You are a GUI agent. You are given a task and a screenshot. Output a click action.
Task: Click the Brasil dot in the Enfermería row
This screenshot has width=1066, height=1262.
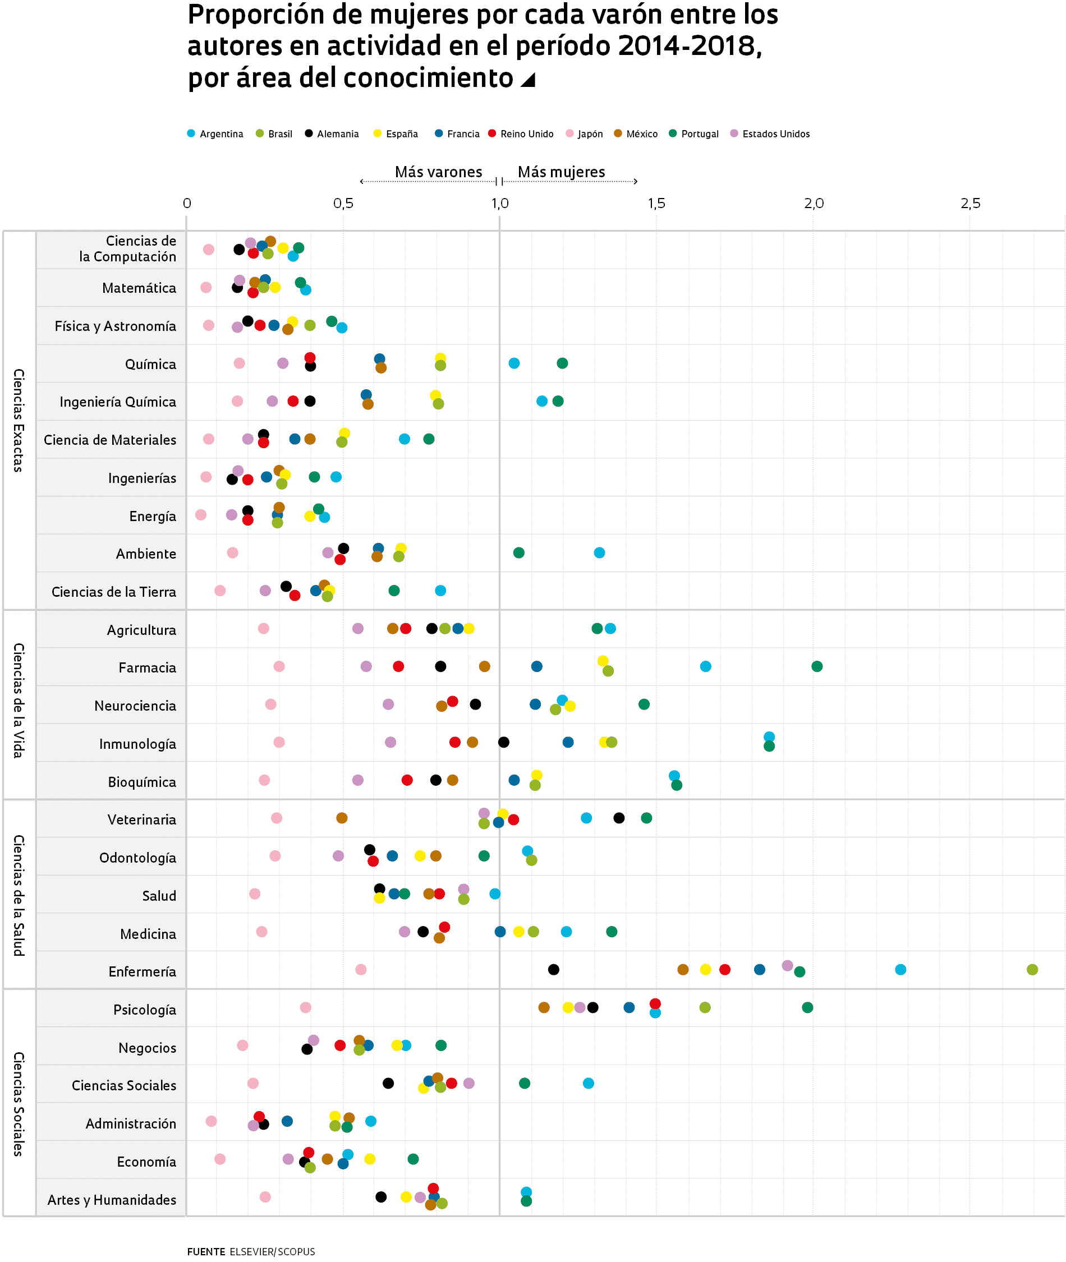coord(1032,970)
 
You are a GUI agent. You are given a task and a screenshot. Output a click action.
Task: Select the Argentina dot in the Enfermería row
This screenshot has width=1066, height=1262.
coord(900,970)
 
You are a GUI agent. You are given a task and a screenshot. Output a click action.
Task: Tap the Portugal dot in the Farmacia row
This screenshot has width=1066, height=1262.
coord(817,666)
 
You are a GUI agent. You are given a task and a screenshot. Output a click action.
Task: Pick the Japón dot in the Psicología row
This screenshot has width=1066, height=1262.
coord(306,1008)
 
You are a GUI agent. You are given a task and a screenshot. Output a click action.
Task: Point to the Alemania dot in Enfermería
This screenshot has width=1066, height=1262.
coord(554,970)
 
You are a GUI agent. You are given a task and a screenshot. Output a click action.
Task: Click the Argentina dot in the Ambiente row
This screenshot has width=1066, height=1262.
coord(599,553)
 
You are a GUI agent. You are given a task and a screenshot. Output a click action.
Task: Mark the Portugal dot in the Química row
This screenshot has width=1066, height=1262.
coord(563,363)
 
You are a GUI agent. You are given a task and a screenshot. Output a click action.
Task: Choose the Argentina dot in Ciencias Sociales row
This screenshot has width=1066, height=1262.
coord(589,1083)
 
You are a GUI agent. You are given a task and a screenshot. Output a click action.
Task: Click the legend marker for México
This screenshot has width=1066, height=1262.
coord(618,133)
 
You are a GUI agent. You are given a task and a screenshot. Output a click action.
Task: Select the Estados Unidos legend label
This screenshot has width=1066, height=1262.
coord(776,134)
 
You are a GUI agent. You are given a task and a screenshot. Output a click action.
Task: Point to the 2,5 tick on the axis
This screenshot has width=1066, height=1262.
coord(971,204)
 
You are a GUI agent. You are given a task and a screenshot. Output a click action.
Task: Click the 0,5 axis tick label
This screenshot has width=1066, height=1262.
coord(343,204)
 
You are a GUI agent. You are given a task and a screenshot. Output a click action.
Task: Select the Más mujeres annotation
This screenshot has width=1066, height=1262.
coord(562,172)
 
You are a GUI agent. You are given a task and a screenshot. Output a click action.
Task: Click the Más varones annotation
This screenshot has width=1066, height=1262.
coord(439,172)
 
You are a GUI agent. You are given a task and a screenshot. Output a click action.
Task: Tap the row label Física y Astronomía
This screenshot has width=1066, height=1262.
coord(116,326)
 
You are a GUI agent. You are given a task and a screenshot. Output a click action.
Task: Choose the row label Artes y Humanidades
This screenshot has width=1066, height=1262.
coord(112,1200)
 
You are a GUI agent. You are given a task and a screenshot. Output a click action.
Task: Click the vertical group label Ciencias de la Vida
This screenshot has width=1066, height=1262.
coord(19,701)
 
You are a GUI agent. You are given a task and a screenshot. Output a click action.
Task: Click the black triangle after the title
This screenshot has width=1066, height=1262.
coord(528,80)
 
